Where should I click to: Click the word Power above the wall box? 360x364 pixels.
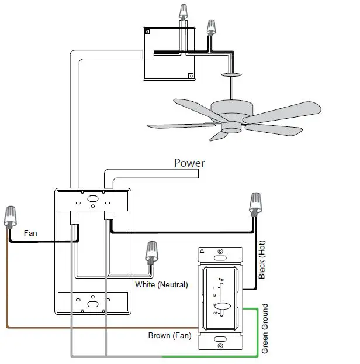coord(189,163)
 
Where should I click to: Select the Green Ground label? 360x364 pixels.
coord(265,329)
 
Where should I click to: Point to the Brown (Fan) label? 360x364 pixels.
coord(168,336)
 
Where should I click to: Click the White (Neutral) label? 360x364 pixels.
coord(161,286)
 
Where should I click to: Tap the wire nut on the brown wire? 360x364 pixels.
coord(10,217)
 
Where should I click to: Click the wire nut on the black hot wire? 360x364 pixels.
coord(255,204)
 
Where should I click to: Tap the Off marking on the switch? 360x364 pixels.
coord(215,314)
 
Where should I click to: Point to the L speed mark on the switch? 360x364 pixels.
coord(215,289)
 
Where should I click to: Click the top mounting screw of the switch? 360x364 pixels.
coord(220,256)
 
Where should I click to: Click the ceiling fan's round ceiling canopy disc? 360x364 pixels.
coord(232,75)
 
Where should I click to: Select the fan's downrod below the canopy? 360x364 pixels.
coord(232,88)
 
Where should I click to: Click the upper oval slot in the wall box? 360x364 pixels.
coord(92,199)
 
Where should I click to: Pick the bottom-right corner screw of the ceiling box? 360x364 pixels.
coord(191,75)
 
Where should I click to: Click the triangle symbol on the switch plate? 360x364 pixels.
coord(202,251)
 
